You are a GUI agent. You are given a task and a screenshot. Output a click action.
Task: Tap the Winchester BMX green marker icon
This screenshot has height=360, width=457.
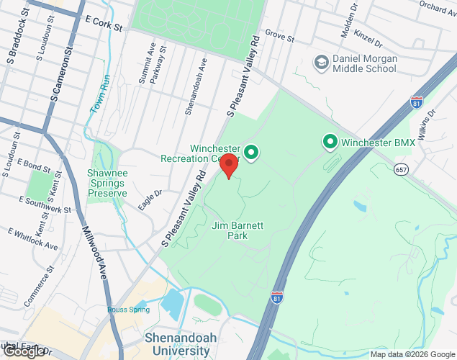(x=330, y=142)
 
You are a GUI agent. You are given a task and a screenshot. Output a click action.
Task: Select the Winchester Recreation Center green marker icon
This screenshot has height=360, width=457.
(x=251, y=152)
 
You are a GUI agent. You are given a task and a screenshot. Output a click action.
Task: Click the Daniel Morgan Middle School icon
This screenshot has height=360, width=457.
(x=320, y=63)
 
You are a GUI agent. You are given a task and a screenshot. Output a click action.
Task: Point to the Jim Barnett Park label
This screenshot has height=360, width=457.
(x=237, y=230)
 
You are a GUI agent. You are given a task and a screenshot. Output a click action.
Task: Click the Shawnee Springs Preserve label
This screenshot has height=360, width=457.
(x=107, y=183)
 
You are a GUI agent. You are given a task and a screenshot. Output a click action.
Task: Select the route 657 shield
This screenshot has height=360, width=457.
(x=402, y=168)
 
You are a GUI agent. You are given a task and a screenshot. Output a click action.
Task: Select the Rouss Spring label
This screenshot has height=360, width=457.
(x=128, y=310)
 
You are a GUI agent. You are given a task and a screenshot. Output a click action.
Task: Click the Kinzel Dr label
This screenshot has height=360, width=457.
(x=357, y=34)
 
